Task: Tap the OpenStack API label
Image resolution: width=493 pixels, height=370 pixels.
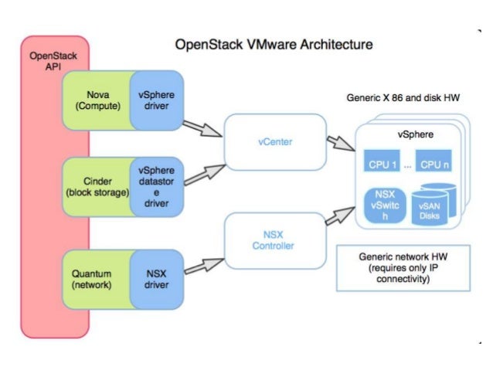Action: coord(48,62)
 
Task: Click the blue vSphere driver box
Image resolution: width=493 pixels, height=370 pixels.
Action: coord(156,101)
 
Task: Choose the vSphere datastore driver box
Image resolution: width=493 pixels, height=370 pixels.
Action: coord(156,186)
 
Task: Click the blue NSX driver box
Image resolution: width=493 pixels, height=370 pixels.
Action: coord(156,277)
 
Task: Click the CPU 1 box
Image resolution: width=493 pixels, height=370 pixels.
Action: coord(383,164)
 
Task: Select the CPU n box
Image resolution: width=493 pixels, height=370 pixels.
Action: coord(436,164)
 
